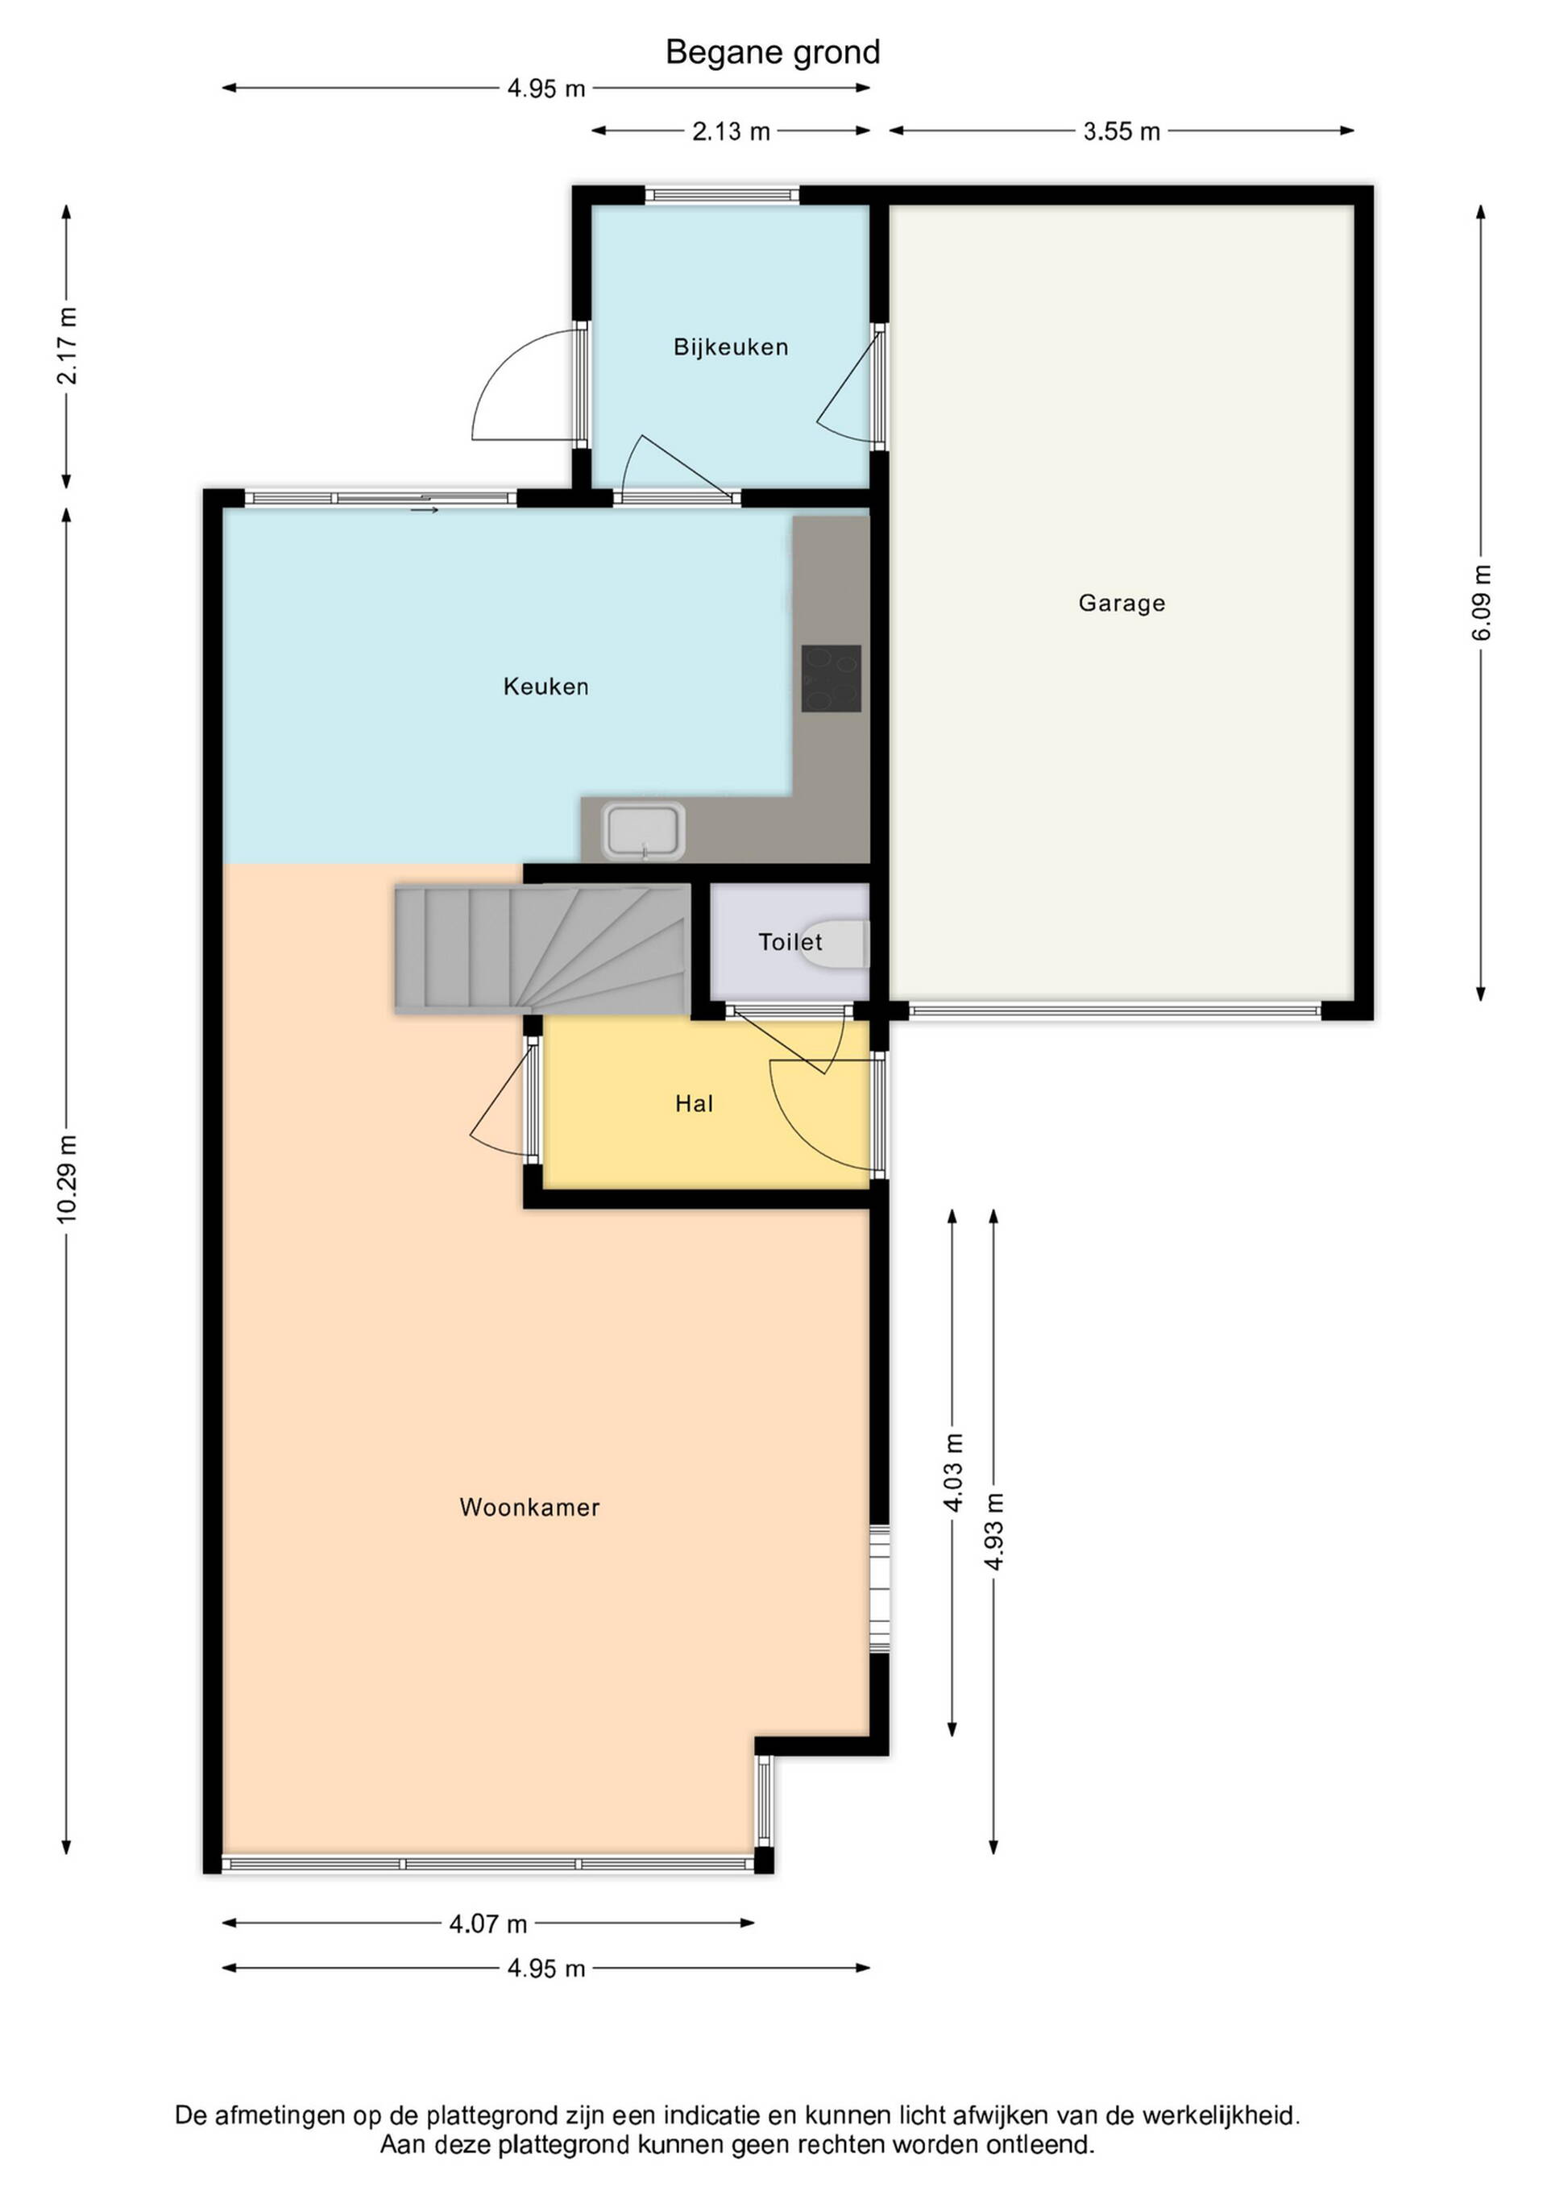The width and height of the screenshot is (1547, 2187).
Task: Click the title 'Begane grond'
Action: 773,52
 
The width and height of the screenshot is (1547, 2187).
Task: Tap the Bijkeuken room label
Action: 731,347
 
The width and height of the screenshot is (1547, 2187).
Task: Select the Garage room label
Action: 1122,603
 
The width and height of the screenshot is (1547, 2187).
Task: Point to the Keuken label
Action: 545,686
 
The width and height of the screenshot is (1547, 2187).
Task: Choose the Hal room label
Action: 694,1103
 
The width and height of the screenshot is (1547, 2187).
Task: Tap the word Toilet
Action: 790,942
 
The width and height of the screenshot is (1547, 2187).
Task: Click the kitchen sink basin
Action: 644,830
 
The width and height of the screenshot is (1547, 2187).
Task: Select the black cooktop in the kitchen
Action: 831,679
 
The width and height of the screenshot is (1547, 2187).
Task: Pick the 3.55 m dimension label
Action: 1122,131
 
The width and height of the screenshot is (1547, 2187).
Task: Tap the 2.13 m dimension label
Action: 731,131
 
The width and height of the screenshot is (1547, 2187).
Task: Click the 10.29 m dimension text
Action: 67,1178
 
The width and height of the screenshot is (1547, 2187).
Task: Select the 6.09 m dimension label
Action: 1481,602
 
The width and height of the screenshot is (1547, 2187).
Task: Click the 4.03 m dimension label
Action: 952,1471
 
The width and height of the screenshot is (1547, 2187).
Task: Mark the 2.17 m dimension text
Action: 67,346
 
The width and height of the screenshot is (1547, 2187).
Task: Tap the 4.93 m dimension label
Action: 993,1532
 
